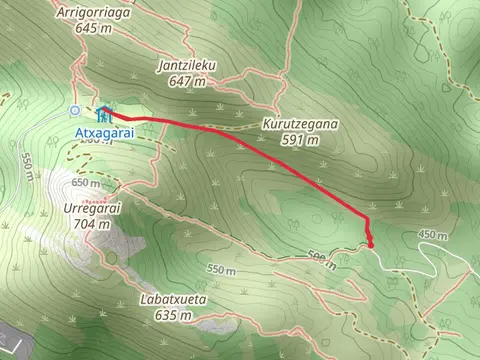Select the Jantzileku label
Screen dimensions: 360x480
tap(187, 67)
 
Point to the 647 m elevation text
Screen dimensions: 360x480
tap(187, 81)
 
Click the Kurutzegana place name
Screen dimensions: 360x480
tap(300, 126)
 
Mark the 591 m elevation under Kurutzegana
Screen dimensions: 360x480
tap(300, 140)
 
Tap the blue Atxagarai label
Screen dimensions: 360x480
tap(103, 129)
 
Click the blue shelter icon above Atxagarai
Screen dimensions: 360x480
tap(104, 112)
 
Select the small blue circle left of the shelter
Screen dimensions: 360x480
tap(74, 110)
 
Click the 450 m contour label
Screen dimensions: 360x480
tap(433, 234)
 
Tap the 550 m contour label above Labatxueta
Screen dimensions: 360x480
tap(223, 270)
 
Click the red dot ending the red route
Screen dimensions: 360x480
tap(371, 244)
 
